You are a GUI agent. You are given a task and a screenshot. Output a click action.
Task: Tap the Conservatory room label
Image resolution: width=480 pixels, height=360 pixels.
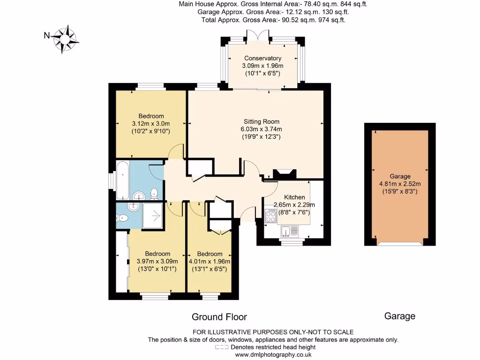pos(262,58)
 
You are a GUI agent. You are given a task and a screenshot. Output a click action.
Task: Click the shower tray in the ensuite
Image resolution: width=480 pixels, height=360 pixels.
pos(152,215)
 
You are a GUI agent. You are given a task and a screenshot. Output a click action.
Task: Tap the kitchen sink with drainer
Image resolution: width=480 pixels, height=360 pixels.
pos(290,231)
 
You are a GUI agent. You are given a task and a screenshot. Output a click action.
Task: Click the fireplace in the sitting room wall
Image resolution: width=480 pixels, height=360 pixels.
pos(285,173)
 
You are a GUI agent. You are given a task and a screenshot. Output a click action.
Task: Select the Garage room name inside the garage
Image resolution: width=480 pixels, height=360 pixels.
pos(399,176)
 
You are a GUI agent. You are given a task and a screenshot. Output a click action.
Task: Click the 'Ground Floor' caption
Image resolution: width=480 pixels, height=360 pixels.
pos(219,317)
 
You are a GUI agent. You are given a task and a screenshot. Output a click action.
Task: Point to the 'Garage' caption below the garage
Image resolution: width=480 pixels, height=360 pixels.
pos(399,316)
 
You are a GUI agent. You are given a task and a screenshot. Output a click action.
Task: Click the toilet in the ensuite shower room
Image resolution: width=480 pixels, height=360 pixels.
pos(122,217)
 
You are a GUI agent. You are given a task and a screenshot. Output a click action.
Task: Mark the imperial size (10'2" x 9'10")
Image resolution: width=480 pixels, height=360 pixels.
pos(151,132)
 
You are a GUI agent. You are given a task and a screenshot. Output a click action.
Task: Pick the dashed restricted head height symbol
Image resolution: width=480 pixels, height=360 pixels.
pos(222,347)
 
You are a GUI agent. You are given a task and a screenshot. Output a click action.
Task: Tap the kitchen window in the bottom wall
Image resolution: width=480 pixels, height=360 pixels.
pos(293,242)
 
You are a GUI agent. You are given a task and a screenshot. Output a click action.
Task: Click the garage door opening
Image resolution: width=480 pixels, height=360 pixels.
pos(399,244)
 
